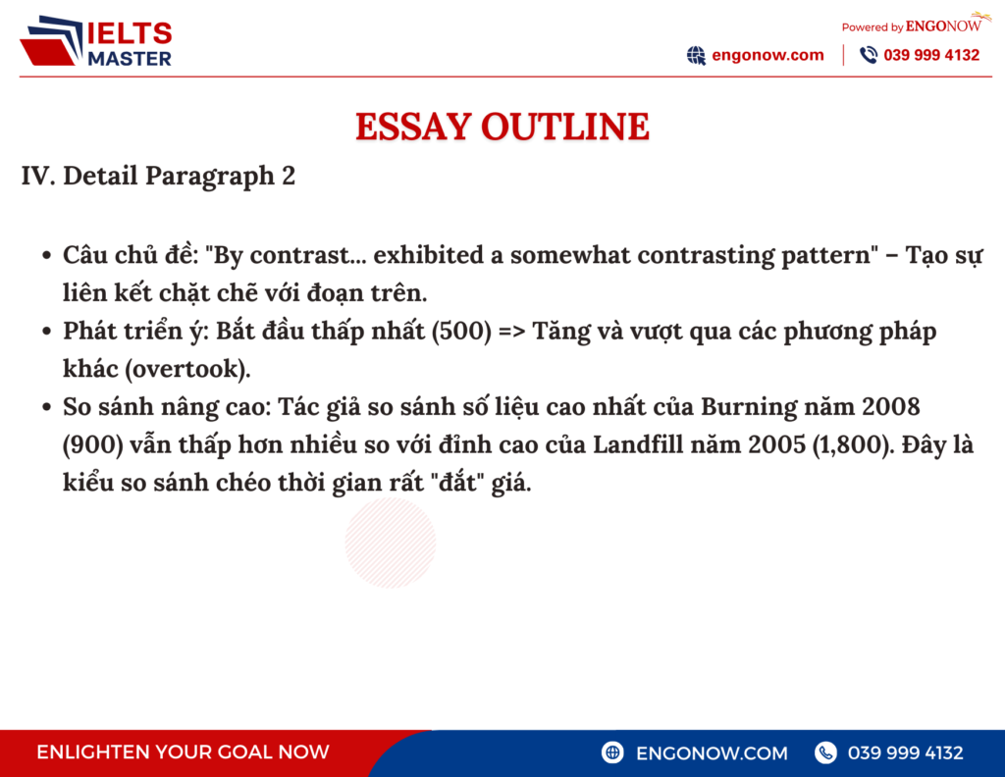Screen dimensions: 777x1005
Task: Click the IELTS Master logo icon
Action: tap(50, 43)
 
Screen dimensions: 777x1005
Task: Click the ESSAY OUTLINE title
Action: tap(502, 127)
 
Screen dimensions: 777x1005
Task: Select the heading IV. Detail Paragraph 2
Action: tap(158, 177)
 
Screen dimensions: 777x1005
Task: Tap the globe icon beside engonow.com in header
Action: tap(696, 55)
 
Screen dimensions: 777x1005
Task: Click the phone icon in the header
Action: tap(869, 55)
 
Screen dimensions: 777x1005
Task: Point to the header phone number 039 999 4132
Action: tap(931, 55)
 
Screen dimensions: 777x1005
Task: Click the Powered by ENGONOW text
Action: tap(911, 26)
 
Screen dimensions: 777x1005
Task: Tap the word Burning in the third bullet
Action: tap(742, 406)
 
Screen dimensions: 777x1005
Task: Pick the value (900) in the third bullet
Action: tap(91, 444)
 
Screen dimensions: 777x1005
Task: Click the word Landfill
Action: tap(637, 444)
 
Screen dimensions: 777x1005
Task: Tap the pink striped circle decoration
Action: tap(390, 543)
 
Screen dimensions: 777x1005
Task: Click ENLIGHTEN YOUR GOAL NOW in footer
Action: tap(183, 752)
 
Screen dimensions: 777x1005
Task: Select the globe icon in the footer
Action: tap(613, 752)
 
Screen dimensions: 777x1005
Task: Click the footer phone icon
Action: tap(825, 752)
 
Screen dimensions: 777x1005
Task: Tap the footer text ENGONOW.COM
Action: tap(712, 752)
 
